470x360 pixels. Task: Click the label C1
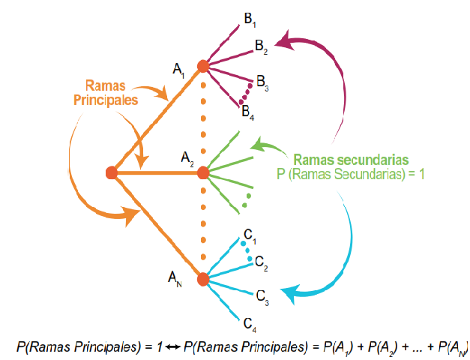click(250, 236)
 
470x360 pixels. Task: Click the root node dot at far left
click(112, 173)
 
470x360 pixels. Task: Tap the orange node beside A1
click(202, 66)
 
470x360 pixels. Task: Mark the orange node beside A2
click(202, 173)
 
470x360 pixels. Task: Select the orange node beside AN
click(202, 279)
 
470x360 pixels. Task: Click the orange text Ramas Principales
click(111, 92)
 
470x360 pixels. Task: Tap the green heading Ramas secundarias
click(351, 160)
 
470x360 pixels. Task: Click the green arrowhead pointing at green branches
click(259, 143)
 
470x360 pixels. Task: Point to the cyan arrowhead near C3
click(287, 292)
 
